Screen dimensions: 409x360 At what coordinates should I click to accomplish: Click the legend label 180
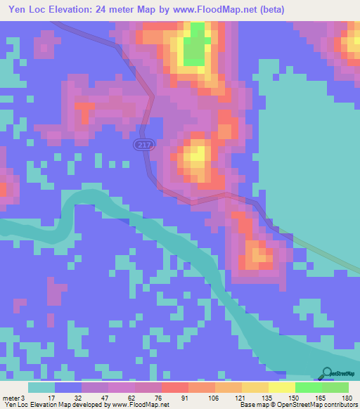pyautogui.click(x=345, y=397)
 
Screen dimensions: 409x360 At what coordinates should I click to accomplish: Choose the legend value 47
pyautogui.click(x=103, y=397)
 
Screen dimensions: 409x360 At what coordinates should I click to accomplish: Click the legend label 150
pyautogui.click(x=292, y=397)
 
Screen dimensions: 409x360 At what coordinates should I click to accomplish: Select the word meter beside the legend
pyautogui.click(x=11, y=397)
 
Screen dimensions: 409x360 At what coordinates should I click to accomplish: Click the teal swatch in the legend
pyautogui.click(x=41, y=387)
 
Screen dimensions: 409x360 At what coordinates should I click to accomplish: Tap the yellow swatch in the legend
pyautogui.click(x=281, y=387)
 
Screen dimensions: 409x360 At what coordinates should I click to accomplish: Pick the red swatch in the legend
pyautogui.click(x=174, y=387)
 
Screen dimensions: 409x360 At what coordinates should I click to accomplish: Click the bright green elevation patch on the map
pyautogui.click(x=198, y=42)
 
